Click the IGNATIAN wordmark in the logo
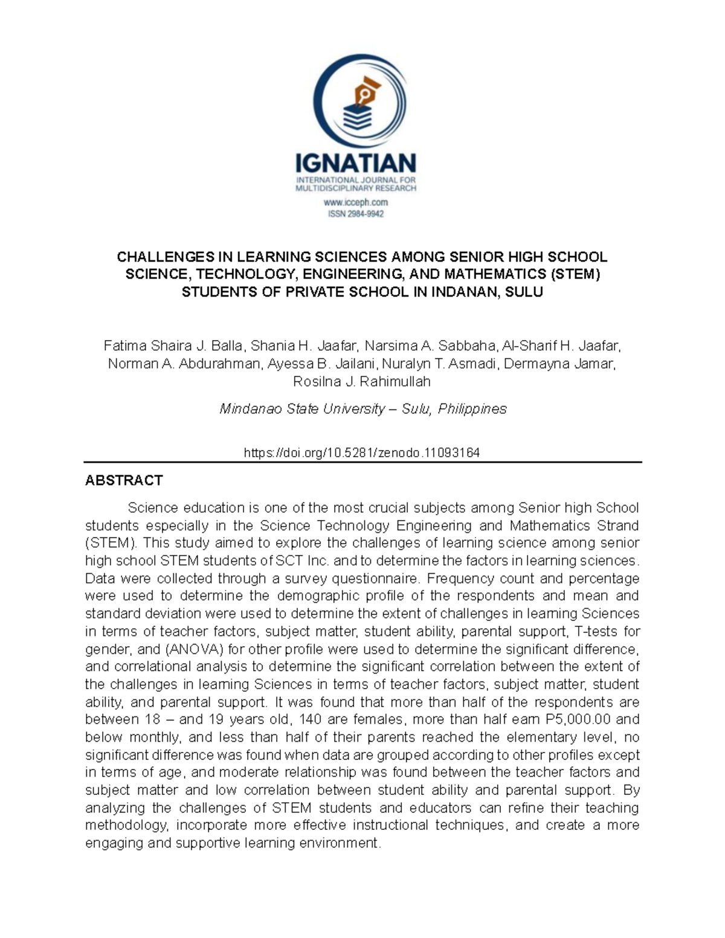355,163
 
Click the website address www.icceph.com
356,202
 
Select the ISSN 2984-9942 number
356,213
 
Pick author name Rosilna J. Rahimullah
362,381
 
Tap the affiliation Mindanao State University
302,409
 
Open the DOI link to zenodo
362,452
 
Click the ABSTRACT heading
124,480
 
